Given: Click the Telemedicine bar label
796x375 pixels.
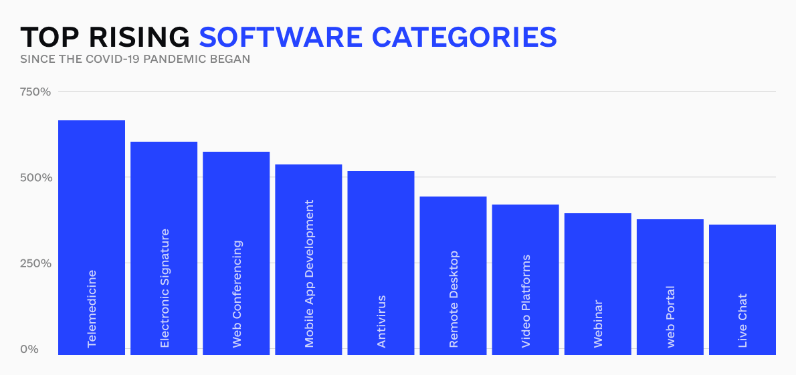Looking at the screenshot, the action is [92, 309].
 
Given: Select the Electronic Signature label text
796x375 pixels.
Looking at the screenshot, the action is [164, 288].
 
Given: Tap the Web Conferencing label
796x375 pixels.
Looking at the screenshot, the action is [237, 294].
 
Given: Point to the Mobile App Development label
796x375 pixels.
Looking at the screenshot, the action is [309, 274].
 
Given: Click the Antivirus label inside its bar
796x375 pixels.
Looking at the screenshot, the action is [381, 322].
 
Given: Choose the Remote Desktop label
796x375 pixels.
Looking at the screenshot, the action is [454, 299].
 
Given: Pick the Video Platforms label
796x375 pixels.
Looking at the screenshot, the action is [526, 301].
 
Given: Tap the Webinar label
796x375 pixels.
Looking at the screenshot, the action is [598, 324].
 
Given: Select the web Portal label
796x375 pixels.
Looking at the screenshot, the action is [671, 317].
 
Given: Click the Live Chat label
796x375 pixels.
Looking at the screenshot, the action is [742, 321].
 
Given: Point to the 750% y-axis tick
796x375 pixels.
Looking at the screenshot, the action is [35, 92].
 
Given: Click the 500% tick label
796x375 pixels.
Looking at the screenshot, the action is [35, 178].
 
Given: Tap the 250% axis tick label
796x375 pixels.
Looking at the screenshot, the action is [35, 263].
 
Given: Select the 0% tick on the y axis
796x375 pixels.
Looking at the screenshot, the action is [29, 349].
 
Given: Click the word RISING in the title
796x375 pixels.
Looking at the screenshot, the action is [138, 37].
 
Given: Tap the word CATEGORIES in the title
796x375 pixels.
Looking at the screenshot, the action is [464, 37].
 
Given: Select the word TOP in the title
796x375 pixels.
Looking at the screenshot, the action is [49, 37].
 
